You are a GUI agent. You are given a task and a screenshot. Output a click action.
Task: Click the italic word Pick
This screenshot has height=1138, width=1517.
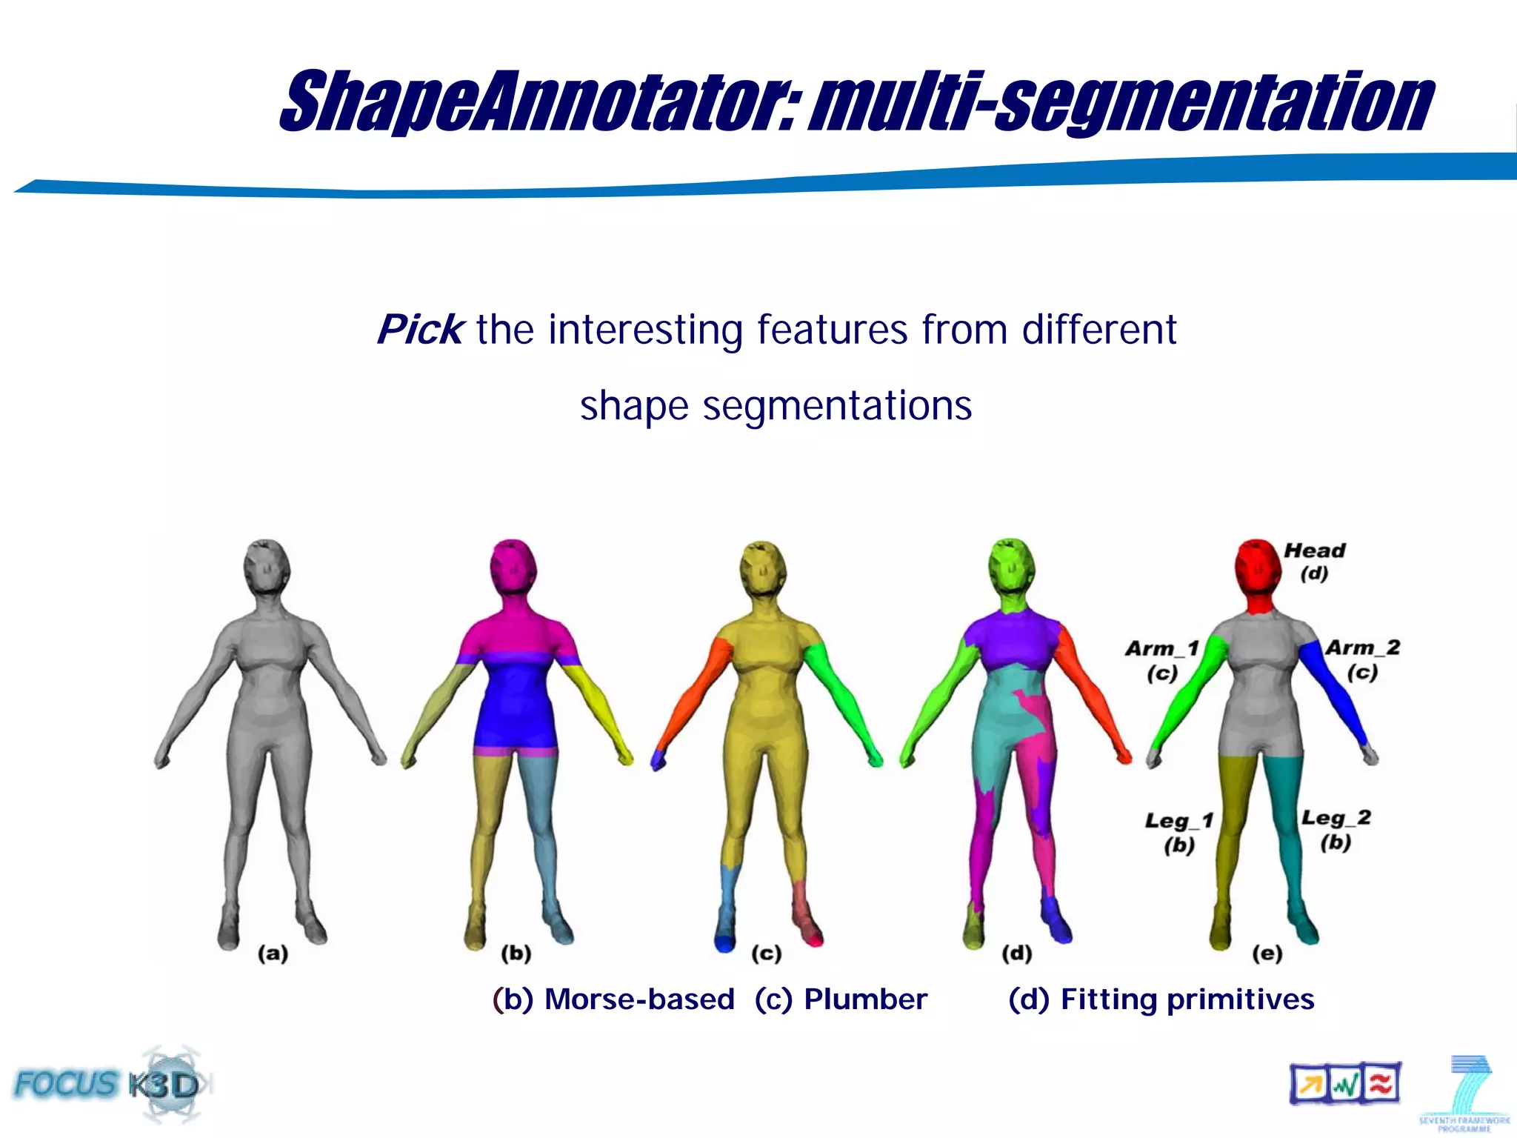click(420, 330)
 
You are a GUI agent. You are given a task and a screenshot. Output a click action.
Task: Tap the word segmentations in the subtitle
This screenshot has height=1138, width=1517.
click(837, 406)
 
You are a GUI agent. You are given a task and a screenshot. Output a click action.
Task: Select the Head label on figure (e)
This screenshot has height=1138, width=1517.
click(1314, 550)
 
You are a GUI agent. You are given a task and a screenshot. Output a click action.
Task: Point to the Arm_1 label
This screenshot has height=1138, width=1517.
click(1161, 649)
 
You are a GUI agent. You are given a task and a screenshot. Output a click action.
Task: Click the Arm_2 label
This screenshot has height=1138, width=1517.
click(1362, 648)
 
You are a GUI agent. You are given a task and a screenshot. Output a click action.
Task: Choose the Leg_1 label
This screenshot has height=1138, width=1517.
click(1178, 821)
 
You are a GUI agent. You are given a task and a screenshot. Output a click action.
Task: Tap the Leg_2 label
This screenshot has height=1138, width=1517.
click(1336, 818)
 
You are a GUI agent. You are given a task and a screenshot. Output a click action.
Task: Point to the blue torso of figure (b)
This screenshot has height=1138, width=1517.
click(514, 704)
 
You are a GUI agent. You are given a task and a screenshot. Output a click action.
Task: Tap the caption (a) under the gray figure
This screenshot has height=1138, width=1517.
click(273, 953)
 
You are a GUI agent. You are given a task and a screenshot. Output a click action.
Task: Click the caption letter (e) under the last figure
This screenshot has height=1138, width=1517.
click(1267, 953)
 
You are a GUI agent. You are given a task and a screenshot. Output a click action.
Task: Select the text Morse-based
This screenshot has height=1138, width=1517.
click(639, 999)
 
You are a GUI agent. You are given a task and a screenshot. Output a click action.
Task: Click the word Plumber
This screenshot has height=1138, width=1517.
click(865, 999)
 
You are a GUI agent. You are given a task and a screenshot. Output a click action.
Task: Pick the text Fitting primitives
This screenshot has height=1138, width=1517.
click(1187, 999)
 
